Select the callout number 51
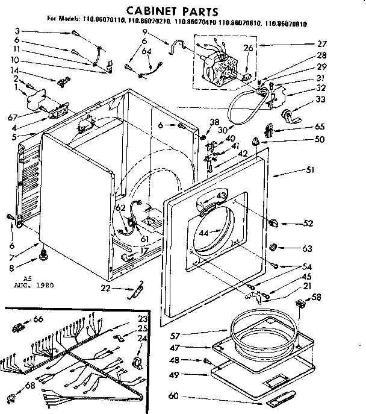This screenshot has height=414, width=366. point(311,171)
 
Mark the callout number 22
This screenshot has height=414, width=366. point(106,289)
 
